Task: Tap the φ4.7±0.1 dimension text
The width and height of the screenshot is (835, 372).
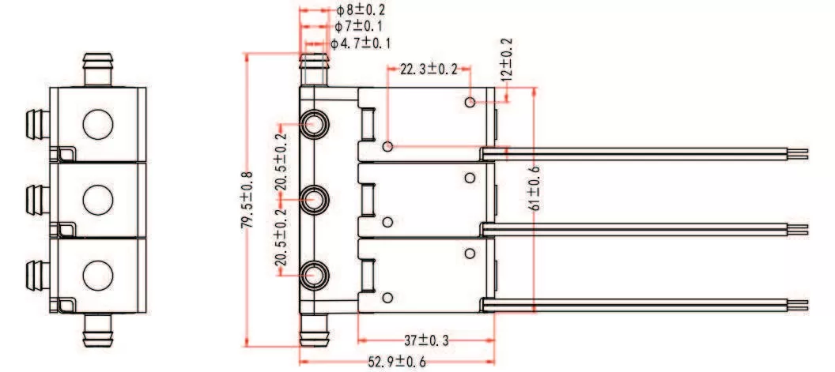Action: [361, 43]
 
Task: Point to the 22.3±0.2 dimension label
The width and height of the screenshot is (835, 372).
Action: [429, 70]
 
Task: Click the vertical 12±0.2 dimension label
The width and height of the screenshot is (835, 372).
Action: [506, 60]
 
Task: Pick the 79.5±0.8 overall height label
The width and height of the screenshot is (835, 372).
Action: [247, 201]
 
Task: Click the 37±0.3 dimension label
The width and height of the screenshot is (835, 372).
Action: [427, 340]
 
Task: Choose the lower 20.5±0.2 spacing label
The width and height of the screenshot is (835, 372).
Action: [281, 238]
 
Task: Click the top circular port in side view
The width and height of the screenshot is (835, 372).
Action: [315, 122]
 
